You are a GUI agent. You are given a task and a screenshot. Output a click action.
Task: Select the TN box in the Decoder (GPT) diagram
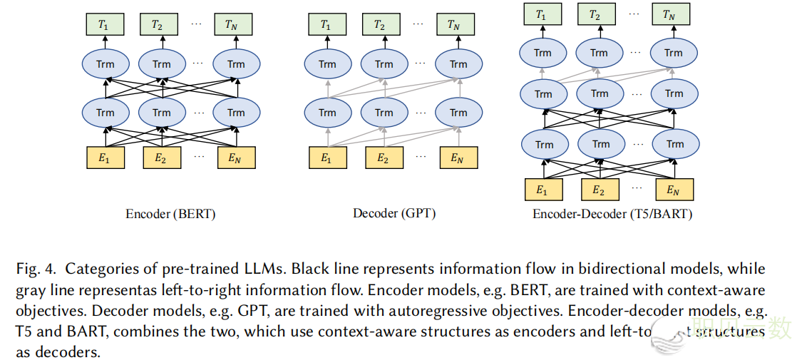coord(453,25)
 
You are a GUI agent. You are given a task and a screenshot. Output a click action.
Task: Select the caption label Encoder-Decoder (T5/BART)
coord(612,213)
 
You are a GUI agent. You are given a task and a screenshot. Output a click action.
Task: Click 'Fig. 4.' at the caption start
coord(36,269)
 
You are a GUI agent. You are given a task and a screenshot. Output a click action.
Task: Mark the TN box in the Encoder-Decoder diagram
coord(672,14)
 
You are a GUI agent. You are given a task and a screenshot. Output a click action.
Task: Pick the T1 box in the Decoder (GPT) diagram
coord(326,25)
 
